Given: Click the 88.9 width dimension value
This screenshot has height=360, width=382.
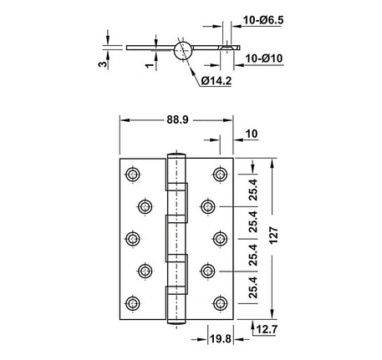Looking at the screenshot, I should (176, 120).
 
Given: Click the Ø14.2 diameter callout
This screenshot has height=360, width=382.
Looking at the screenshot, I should (216, 80).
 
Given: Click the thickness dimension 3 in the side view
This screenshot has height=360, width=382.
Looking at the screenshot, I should (102, 63).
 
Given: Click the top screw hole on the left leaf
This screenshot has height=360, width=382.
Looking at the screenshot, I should (132, 174).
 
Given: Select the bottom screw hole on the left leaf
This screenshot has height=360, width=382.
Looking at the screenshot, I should (132, 302).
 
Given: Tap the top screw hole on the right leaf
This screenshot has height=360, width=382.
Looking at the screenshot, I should (221, 174).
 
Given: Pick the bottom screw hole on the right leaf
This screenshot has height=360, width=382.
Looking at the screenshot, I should (221, 302).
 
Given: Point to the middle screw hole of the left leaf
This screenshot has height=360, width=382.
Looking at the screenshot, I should (132, 238).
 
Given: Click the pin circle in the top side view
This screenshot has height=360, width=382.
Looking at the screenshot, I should (184, 51).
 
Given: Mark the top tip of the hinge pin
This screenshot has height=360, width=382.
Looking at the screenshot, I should (176, 153).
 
